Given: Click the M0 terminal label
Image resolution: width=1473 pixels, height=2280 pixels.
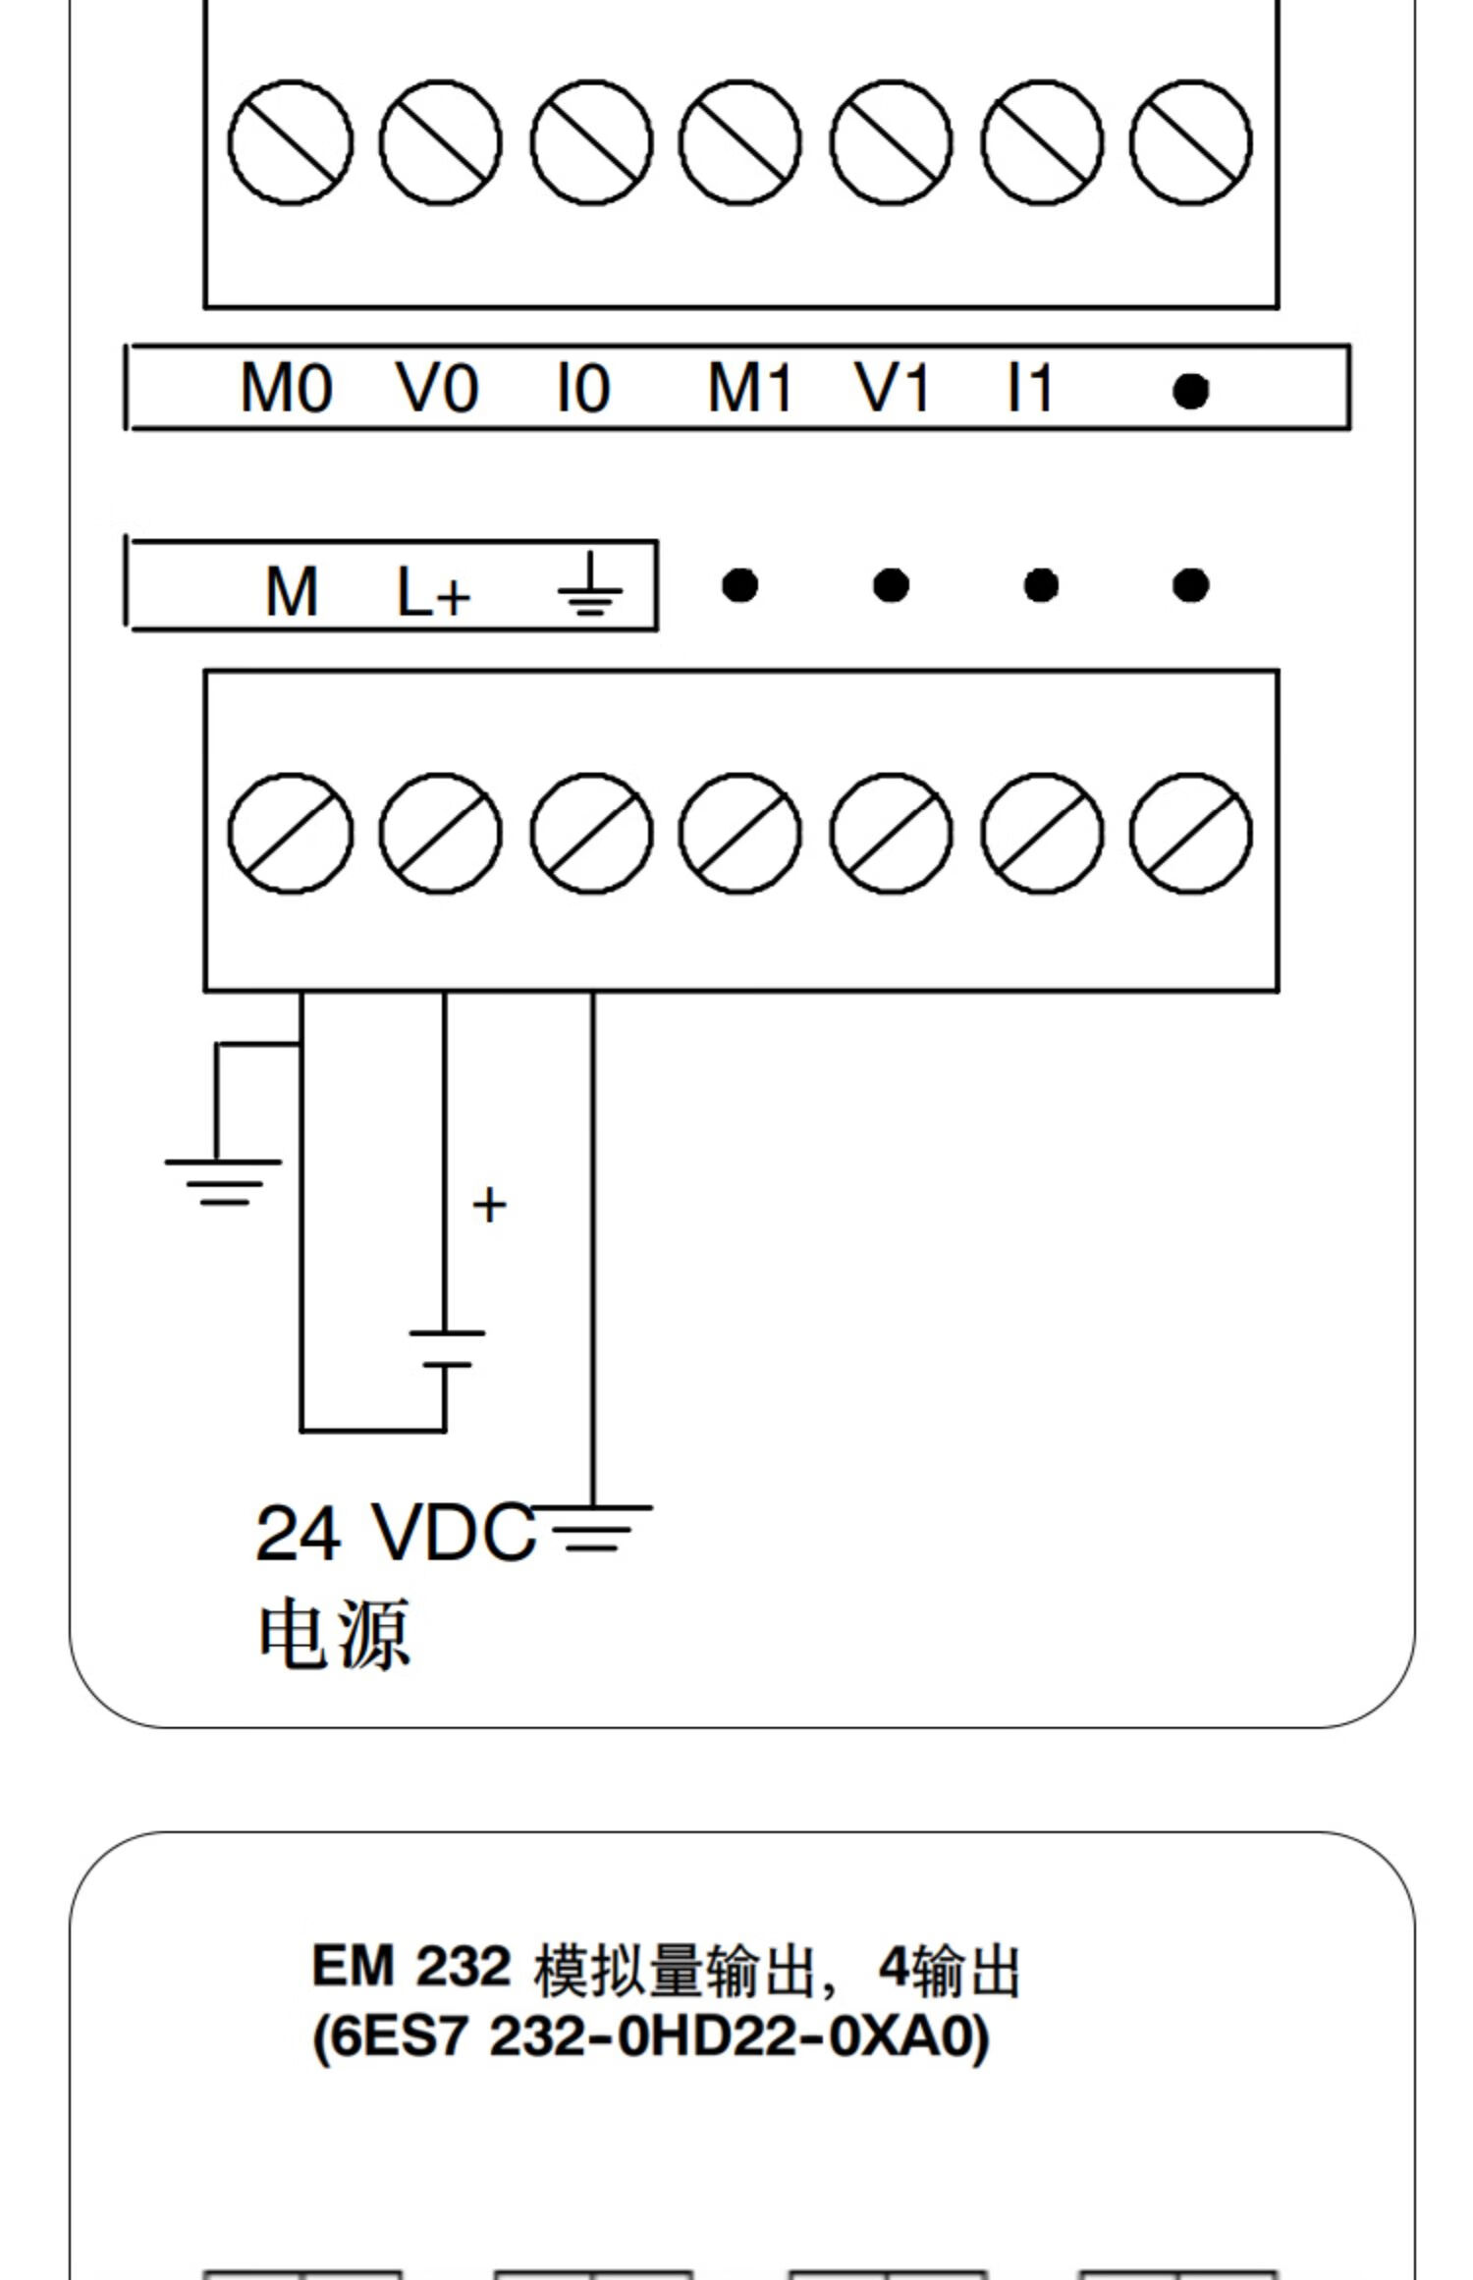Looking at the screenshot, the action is point(286,388).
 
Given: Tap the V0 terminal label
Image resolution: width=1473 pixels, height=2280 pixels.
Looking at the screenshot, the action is point(437,388).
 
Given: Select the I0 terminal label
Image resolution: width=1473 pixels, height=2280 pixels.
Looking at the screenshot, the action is point(583,388).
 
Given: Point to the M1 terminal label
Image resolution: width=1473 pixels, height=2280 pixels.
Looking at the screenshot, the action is point(749,388).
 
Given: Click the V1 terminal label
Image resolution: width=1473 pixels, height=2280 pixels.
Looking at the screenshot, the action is point(892,388).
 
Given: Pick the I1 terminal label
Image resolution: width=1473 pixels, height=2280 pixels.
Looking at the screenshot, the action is point(1030,388).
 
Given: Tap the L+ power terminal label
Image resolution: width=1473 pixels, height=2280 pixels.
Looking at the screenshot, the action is point(433,592).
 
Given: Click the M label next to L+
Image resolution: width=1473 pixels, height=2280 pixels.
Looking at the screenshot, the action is point(292,592).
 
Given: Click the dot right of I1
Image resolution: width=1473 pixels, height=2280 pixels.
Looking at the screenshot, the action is point(1190,391).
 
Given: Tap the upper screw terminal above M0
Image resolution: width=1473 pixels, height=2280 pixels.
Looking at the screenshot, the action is point(290,142).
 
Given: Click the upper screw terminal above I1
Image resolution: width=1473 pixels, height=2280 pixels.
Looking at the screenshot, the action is point(1041,142).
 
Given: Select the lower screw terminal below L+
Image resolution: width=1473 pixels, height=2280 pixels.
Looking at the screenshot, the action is point(440,834).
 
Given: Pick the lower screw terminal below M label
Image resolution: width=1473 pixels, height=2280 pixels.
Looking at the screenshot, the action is point(290,834).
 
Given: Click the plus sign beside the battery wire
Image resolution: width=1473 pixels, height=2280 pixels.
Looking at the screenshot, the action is point(489,1205).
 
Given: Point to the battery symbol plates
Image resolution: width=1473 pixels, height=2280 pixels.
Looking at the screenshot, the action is point(447,1348).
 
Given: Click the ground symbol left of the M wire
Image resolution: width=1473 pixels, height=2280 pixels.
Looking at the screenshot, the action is point(223,1182).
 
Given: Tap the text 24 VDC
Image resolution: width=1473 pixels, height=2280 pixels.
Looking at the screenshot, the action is point(396,1533).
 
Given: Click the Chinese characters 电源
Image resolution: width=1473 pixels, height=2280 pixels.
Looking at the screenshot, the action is point(334,1635).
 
